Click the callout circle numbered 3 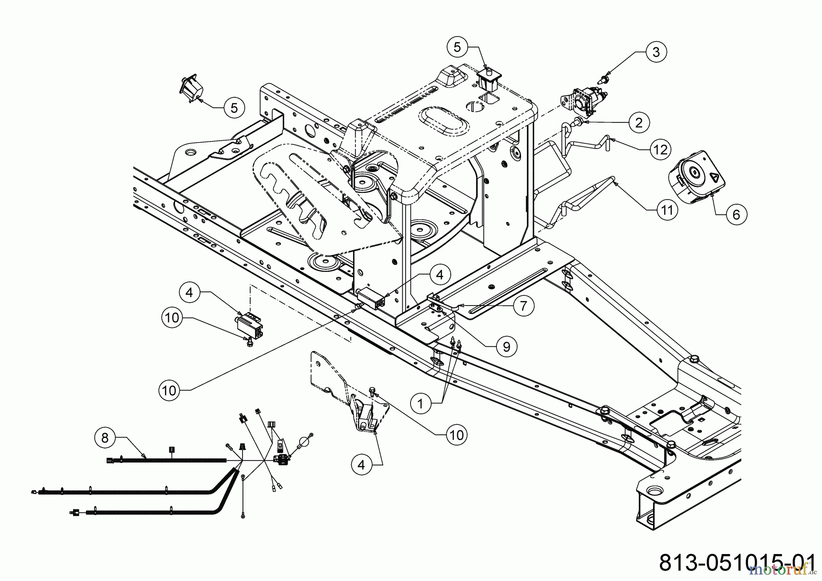(x=656, y=52)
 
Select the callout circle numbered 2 (x=638, y=122)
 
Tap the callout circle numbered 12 (x=660, y=149)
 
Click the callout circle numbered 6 (x=736, y=214)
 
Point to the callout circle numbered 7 (x=523, y=306)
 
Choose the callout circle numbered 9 (x=506, y=347)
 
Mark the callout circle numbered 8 (x=105, y=438)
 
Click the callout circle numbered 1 (x=421, y=403)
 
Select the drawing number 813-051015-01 (x=737, y=562)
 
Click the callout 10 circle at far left (x=172, y=317)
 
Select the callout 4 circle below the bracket (x=362, y=465)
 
